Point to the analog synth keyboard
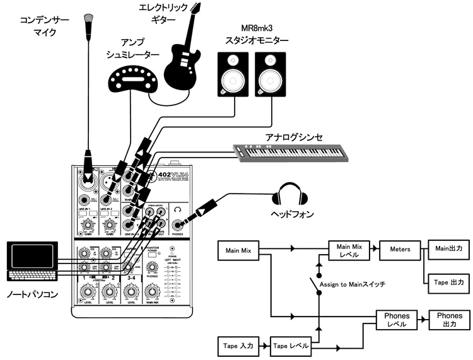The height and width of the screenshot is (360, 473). tap(290, 152)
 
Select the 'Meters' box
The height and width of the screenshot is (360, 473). tap(400, 250)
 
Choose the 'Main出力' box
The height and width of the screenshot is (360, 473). tap(448, 249)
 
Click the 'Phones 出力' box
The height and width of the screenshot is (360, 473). tap(449, 320)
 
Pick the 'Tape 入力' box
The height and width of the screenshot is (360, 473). tap(238, 345)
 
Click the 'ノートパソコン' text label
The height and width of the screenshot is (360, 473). tap(32, 294)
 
